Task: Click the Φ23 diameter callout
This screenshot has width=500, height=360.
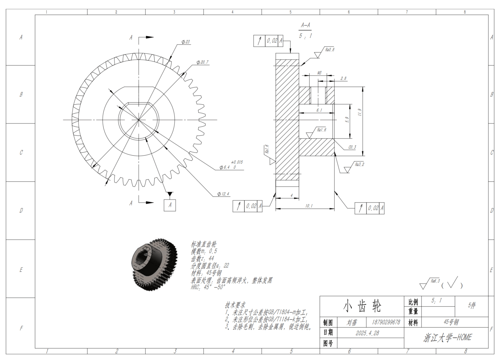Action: coord(186,42)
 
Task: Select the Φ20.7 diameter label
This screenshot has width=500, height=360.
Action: coord(203,62)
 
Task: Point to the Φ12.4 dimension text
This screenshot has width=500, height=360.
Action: coord(223,194)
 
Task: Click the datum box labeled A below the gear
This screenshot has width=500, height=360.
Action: coord(170,205)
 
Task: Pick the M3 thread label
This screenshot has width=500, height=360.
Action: coord(319,73)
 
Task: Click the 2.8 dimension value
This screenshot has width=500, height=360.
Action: coord(343,78)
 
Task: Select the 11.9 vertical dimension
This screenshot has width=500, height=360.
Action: coord(359,112)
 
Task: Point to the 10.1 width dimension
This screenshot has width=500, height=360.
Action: coord(309,206)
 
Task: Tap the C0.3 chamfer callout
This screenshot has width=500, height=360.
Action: coord(352,147)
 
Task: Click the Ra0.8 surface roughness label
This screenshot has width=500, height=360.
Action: coord(330,50)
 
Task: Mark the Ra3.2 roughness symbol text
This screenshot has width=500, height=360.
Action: coord(359,164)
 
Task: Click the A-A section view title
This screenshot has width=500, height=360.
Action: coord(305,25)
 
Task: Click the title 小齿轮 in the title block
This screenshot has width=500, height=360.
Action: coord(362,306)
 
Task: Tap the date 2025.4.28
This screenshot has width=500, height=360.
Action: coord(367,333)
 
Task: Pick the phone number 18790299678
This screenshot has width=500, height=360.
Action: coord(386,322)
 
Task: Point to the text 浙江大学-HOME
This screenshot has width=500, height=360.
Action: coord(448,338)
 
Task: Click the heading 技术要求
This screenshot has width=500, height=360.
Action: coord(235,305)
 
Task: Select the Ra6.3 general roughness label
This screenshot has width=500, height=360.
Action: coord(435,281)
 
